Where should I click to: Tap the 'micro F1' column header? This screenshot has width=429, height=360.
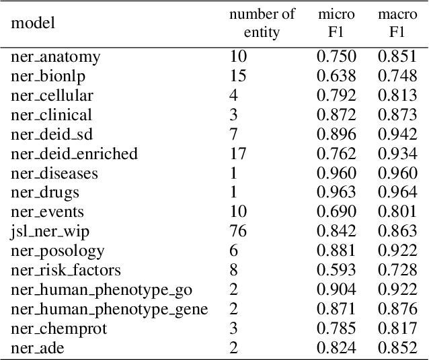pyautogui.click(x=336, y=24)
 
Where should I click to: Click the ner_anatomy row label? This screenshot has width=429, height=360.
pyautogui.click(x=56, y=57)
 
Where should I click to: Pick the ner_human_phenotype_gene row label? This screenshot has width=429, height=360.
pyautogui.click(x=110, y=310)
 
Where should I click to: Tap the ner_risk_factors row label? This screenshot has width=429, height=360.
pyautogui.click(x=66, y=271)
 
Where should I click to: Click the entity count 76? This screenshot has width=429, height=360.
pyautogui.click(x=238, y=232)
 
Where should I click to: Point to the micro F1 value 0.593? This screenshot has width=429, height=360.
pyautogui.click(x=336, y=271)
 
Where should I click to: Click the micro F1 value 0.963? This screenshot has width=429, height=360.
pyautogui.click(x=336, y=193)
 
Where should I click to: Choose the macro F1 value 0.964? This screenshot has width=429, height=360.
pyautogui.click(x=398, y=193)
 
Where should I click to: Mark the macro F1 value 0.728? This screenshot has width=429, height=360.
pyautogui.click(x=398, y=271)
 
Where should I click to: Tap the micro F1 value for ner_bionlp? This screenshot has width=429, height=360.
pyautogui.click(x=336, y=77)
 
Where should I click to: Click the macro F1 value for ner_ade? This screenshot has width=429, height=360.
pyautogui.click(x=398, y=349)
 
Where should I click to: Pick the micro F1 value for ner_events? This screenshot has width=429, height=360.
pyautogui.click(x=336, y=212)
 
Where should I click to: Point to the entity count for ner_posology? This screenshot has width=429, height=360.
pyautogui.click(x=233, y=251)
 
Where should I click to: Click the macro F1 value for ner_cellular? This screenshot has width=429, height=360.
pyautogui.click(x=398, y=96)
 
